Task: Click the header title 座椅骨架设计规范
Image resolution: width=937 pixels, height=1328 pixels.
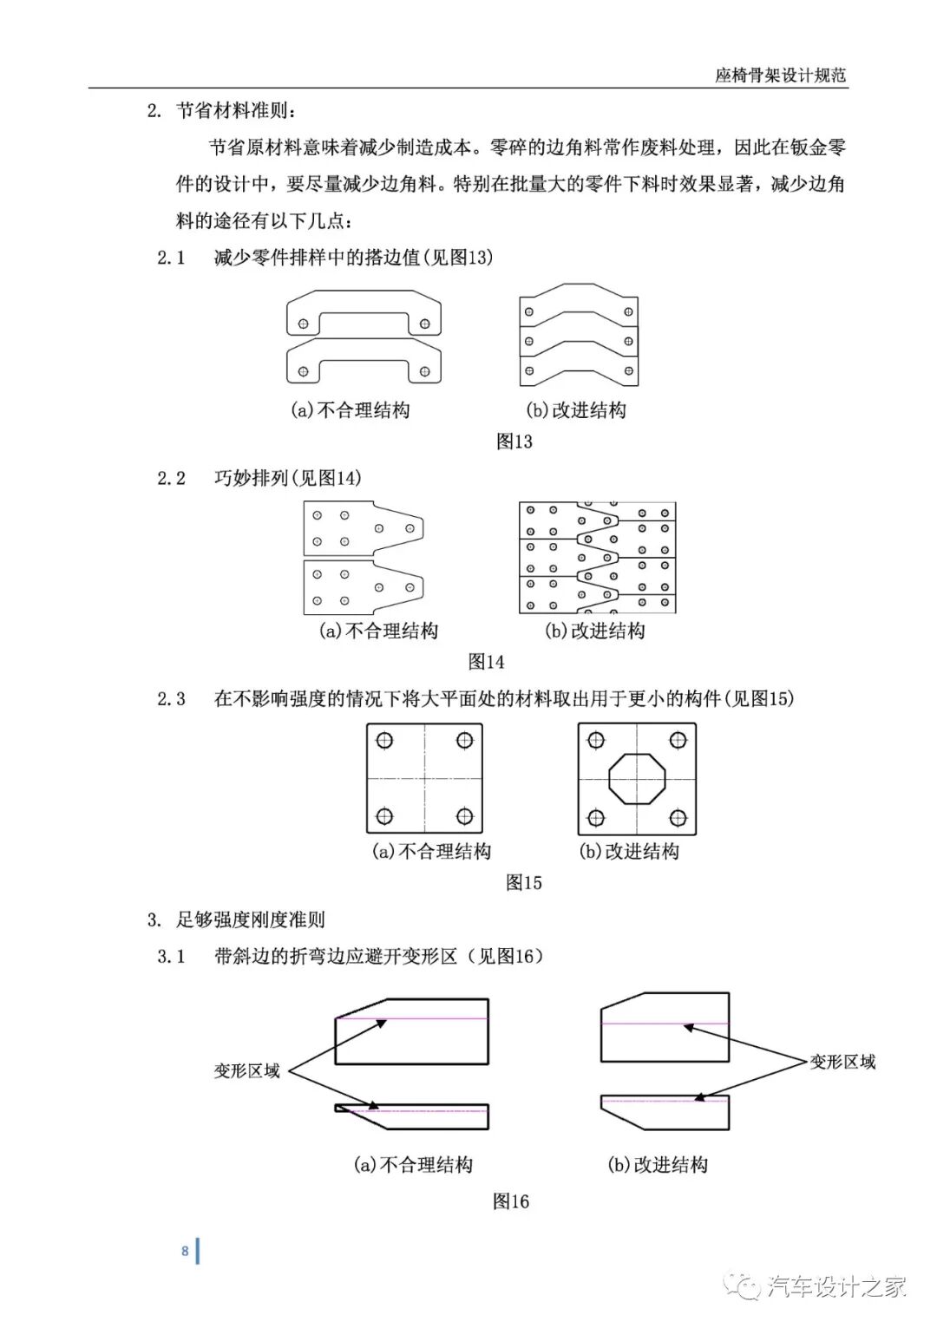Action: pos(780,75)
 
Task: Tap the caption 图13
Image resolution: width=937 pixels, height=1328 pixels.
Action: pos(514,441)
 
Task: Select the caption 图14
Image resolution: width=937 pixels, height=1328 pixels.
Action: pos(486,661)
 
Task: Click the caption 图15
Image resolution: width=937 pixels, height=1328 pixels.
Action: pos(523,882)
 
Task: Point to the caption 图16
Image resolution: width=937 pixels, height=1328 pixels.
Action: pos(510,1201)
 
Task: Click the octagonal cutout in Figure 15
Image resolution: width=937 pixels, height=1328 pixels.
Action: pos(637,778)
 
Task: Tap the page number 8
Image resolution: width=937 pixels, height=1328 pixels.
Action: pos(185,1251)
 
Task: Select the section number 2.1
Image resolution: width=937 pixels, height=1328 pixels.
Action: pos(171,257)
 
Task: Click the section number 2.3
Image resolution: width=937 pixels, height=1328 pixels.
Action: pos(171,698)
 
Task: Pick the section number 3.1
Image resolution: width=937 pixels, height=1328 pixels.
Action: pos(171,956)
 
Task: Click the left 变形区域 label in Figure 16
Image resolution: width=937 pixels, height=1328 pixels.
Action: pos(247,1071)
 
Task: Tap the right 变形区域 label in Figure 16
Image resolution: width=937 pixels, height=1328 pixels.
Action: pos(842,1062)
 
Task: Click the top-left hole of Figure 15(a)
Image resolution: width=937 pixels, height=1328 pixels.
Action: pos(384,740)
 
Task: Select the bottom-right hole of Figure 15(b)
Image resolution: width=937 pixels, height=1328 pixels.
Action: pos(678,817)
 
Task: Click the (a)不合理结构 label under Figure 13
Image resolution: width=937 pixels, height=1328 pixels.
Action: pos(350,410)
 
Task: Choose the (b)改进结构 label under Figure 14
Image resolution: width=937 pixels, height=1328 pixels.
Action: pos(594,631)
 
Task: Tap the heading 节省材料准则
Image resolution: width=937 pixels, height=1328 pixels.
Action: pos(236,110)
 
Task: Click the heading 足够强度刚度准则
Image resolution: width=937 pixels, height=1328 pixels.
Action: pos(251,919)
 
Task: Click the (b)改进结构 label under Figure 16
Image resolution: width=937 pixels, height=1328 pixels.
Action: pos(658,1165)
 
